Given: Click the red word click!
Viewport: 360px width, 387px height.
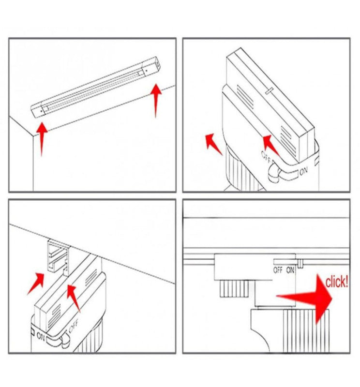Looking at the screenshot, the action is tap(337, 282).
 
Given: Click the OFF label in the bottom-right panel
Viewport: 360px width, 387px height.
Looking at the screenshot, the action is tap(278, 270).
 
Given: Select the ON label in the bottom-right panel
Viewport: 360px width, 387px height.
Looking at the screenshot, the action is tap(290, 270).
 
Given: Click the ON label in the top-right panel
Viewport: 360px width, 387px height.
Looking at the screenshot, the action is tap(303, 171).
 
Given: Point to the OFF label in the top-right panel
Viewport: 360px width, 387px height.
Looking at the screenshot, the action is tap(266, 157).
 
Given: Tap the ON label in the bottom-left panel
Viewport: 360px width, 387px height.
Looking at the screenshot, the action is tap(40, 336).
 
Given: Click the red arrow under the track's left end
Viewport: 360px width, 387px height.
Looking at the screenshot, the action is tap(42, 139).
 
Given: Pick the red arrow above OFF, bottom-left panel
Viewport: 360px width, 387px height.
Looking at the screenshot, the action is tap(74, 298).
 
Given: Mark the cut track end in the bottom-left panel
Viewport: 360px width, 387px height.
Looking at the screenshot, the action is tap(57, 255).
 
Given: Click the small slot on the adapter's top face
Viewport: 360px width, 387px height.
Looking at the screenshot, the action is tap(269, 90).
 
